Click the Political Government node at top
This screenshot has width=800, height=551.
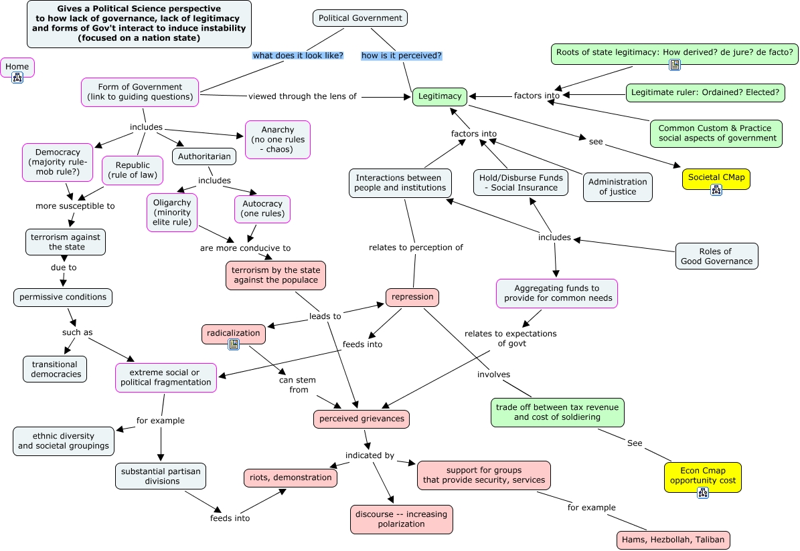[x=360, y=18]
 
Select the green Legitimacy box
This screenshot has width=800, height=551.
[x=439, y=96]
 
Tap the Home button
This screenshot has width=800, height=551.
[x=17, y=67]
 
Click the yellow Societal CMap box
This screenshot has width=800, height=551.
[x=716, y=179]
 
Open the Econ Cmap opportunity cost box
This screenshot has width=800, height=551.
[x=703, y=476]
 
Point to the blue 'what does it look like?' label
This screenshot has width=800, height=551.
[x=298, y=56]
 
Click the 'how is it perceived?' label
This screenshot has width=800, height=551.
[x=402, y=56]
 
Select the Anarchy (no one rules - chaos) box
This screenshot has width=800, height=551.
[x=278, y=140]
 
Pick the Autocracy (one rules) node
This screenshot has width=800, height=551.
[x=262, y=209]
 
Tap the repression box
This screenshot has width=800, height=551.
[x=412, y=297]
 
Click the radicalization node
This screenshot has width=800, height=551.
[x=234, y=333]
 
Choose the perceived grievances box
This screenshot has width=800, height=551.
[x=362, y=419]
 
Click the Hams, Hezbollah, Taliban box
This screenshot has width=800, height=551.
[x=673, y=540]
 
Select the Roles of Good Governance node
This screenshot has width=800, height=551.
[x=716, y=256]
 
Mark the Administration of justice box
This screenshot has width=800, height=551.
[x=617, y=187]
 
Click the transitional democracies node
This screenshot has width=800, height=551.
[x=56, y=369]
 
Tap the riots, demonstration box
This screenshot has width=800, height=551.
[x=290, y=477]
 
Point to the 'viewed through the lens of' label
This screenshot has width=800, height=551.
[x=303, y=96]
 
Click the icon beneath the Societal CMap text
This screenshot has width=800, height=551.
[x=716, y=190]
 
